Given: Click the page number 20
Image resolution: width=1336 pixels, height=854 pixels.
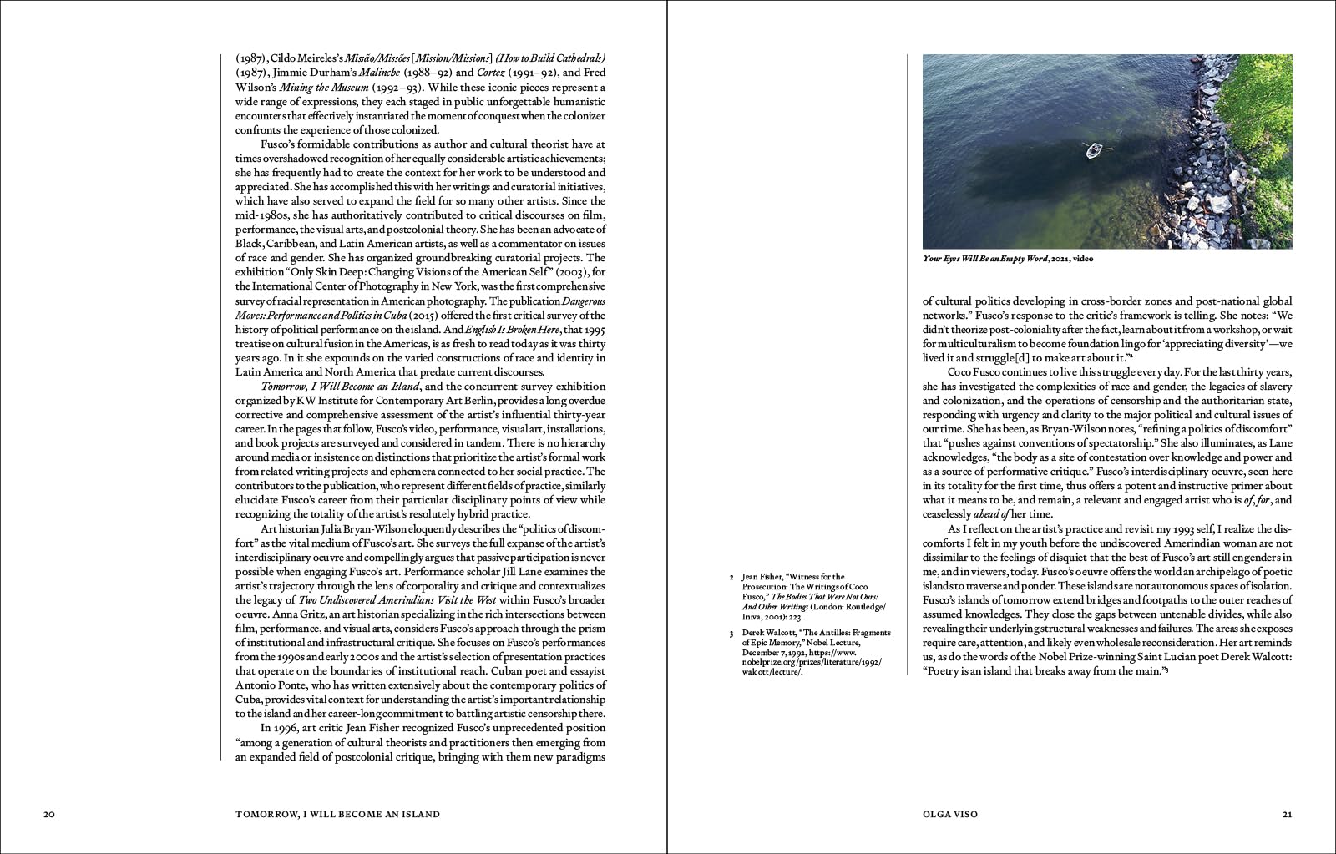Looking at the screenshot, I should [49, 814].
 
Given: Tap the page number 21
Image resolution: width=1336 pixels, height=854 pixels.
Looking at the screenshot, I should [1287, 814].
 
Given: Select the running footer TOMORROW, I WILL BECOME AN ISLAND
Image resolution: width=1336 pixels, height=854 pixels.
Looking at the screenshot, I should [337, 814].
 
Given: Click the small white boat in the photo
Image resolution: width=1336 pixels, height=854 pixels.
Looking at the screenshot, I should [1094, 151].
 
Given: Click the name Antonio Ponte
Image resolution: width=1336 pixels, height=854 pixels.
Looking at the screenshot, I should [269, 685].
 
